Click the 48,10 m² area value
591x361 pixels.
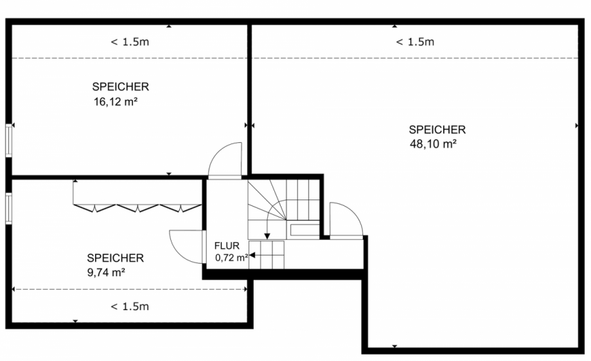[432, 144]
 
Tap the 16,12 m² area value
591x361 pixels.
[116, 100]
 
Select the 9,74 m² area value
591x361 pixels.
[105, 272]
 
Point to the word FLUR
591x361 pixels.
[227, 246]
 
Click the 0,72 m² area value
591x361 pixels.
[231, 257]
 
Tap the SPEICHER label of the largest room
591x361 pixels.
[437, 130]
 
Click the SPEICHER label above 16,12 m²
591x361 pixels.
[121, 86]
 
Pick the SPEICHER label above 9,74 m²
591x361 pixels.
[115, 258]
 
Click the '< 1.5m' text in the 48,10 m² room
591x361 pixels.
[414, 42]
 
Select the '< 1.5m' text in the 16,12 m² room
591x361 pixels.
[130, 42]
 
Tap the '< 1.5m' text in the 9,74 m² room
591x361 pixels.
[130, 306]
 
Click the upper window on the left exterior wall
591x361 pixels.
[8, 140]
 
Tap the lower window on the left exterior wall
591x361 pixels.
[8, 207]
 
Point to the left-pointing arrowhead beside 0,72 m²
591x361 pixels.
[252, 255]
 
